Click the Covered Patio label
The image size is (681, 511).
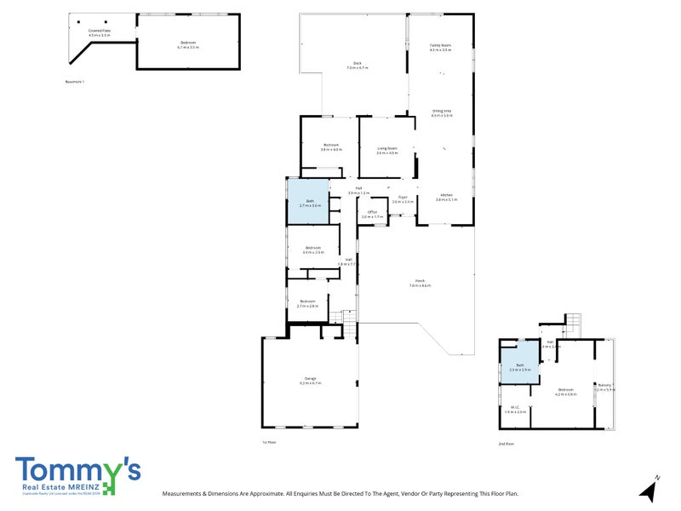(x=100, y=32)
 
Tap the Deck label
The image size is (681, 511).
(x=358, y=64)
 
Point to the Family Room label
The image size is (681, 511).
(x=440, y=46)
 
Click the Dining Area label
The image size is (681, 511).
(x=441, y=112)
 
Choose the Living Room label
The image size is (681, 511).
(x=387, y=150)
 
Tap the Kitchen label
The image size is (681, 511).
(x=447, y=197)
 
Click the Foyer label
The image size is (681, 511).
(x=403, y=199)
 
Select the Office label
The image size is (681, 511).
(x=372, y=213)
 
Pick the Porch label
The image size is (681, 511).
(x=420, y=283)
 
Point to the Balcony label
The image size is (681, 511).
(x=604, y=387)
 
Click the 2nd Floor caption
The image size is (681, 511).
(x=506, y=444)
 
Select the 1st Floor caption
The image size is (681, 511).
(x=269, y=443)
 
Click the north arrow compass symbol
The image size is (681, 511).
(x=650, y=489)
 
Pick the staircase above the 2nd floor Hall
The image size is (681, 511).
(x=572, y=324)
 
